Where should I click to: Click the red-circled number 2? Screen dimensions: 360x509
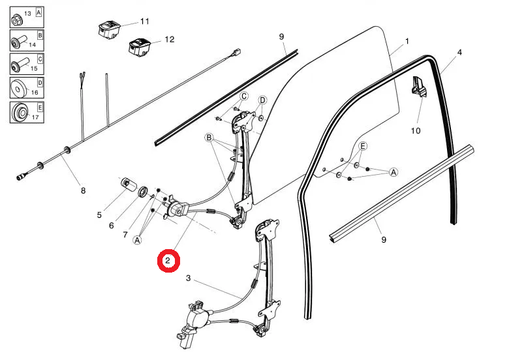(168, 261)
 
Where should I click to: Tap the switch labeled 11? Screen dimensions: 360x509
(108, 29)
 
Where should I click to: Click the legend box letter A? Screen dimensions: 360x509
(39, 12)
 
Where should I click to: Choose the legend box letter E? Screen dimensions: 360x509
(39, 108)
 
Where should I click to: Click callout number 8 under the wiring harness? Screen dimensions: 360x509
(83, 190)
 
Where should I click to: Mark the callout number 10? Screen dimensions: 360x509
(416, 130)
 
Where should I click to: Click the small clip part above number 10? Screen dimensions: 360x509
(418, 87)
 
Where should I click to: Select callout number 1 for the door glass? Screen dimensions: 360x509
(407, 41)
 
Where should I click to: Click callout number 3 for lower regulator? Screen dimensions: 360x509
(189, 278)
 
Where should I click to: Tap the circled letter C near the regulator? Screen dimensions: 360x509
(243, 97)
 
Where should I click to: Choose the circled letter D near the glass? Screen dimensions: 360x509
(262, 100)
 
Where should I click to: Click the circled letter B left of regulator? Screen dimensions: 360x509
(209, 138)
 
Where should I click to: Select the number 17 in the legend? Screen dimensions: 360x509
(35, 118)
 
